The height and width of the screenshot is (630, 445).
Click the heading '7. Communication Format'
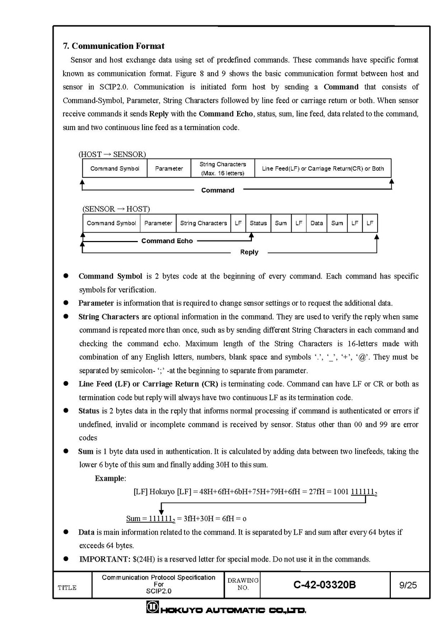(114, 46)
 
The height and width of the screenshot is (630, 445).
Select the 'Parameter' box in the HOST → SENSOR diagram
(169, 168)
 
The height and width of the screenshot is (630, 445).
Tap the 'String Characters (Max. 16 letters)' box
(223, 168)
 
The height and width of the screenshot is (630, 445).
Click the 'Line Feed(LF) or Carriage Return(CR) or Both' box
(322, 168)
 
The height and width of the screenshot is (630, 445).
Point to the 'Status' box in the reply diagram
(258, 223)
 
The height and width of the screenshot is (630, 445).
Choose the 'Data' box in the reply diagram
(317, 223)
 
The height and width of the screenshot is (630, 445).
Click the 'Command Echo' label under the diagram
(167, 241)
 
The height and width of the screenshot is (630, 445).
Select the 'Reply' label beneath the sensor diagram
(249, 252)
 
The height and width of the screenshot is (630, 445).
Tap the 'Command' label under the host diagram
(218, 190)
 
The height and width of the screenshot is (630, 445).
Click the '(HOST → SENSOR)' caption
(112, 154)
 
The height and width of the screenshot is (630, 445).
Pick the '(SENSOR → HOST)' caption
(116, 209)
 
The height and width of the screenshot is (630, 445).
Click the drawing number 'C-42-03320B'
(325, 584)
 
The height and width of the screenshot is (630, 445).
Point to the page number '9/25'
(408, 584)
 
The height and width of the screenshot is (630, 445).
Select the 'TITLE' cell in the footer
(67, 588)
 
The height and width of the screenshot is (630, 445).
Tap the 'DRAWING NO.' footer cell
(242, 584)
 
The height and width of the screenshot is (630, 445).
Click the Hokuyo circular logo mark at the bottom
(151, 609)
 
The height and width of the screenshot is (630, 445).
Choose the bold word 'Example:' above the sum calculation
(110, 478)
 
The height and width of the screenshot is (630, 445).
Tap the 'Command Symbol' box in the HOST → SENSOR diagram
(115, 168)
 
